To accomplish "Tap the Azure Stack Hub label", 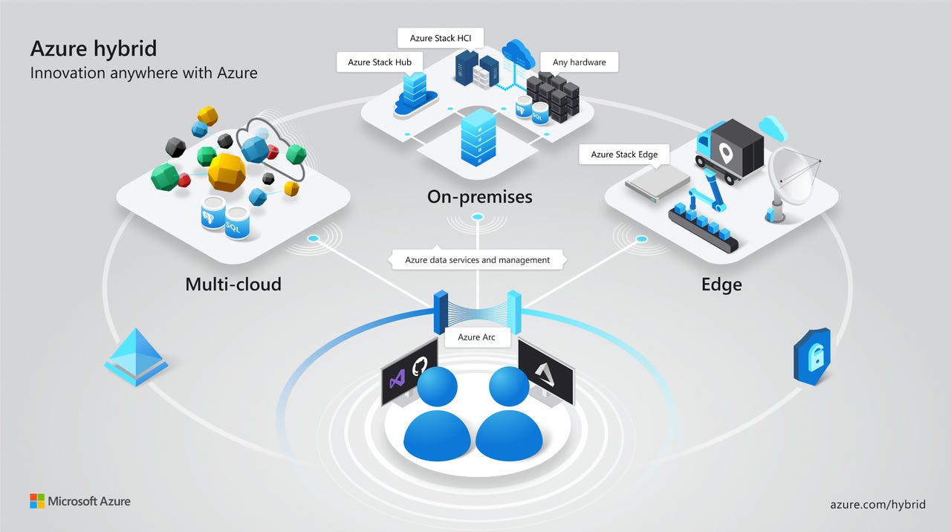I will point(374,62).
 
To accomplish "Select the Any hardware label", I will point(579,62).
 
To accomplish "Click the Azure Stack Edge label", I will point(624,155).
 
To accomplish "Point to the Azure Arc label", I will point(476,337).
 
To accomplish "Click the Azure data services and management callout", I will point(477,260).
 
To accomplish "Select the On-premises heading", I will point(479,197).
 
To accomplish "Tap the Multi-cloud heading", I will point(233,284).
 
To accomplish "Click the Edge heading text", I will point(721,285).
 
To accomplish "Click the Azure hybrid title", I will point(94,49).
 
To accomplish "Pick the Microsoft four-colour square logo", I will point(37,501).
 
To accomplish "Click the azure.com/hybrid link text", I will point(877,504).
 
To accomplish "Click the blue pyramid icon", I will point(136,356).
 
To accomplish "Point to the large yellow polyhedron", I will point(227,172).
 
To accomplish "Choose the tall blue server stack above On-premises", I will point(477,137).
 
